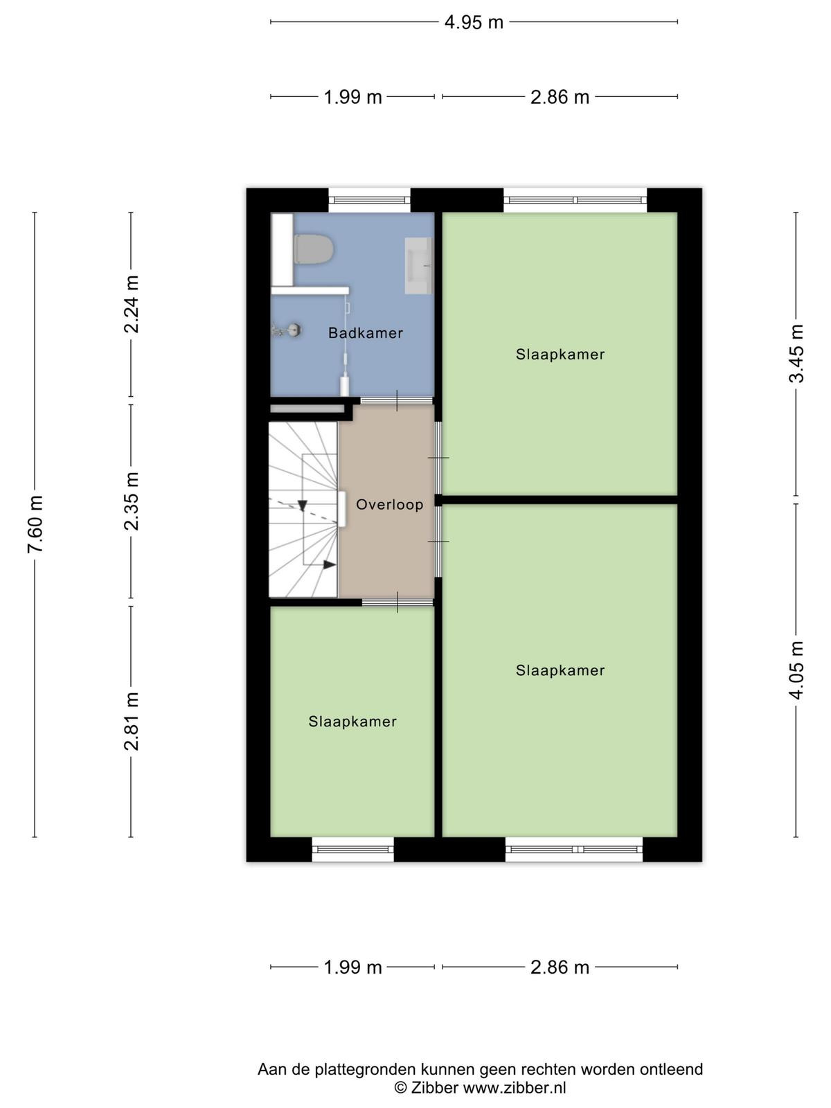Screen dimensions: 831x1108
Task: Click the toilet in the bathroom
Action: tap(313, 249)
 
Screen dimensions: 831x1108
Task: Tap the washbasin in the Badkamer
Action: tap(418, 265)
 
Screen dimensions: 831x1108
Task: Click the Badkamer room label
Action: tap(366, 333)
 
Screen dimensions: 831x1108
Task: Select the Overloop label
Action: tap(389, 504)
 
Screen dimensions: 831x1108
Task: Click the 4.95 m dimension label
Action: tap(474, 22)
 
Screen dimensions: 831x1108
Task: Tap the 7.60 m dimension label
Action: tap(35, 524)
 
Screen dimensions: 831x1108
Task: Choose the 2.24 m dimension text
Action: tap(132, 305)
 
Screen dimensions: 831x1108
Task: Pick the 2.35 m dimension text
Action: tap(132, 501)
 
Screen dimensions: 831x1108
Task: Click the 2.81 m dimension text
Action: tap(132, 722)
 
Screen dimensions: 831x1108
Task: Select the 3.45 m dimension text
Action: tap(796, 353)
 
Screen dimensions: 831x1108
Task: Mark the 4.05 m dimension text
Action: tap(796, 670)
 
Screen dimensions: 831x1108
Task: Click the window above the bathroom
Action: tap(369, 200)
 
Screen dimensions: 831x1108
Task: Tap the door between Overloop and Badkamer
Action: tap(397, 401)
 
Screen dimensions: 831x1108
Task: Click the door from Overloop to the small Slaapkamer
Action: tap(397, 602)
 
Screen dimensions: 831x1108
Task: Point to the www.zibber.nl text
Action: tap(515, 1087)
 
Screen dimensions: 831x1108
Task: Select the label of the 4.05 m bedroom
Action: tap(560, 670)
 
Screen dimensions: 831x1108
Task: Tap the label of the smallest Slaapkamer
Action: tap(352, 722)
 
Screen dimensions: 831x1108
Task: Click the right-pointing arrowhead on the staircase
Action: tap(330, 564)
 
